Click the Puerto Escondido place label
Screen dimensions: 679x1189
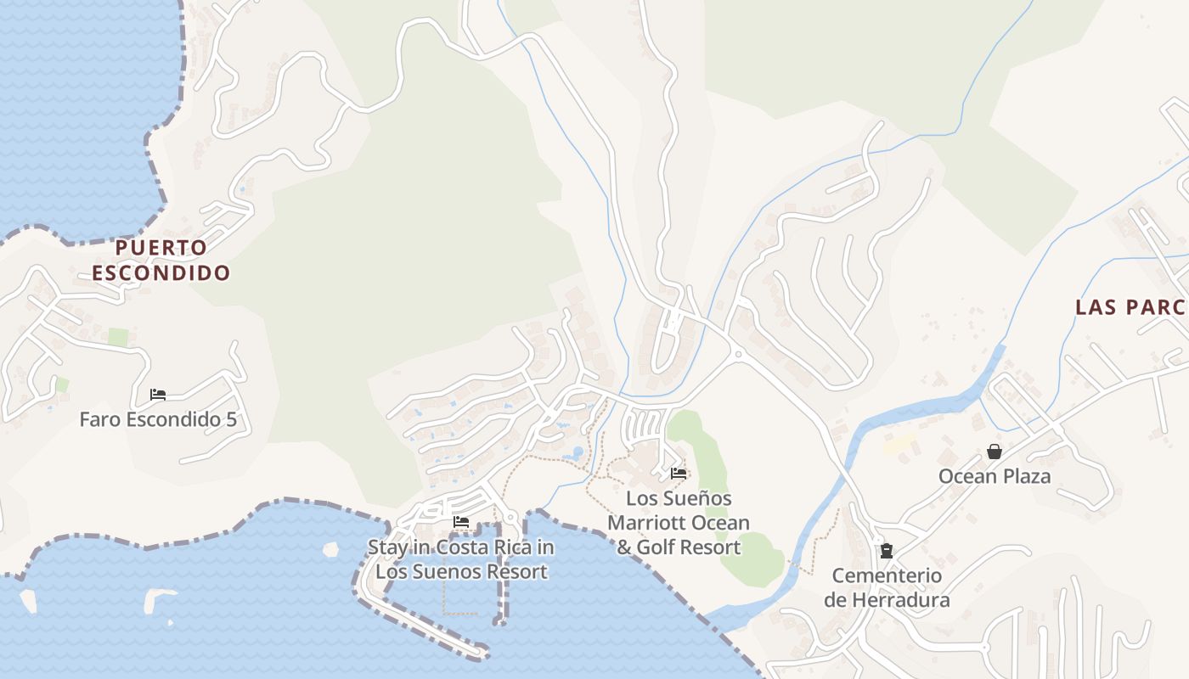(x=161, y=260)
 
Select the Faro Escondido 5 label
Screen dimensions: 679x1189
(x=157, y=419)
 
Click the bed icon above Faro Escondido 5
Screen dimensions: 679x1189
(x=157, y=395)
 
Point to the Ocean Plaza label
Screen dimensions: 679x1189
(x=994, y=476)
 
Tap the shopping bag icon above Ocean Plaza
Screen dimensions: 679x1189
(x=994, y=452)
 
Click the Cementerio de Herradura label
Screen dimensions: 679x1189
(x=887, y=587)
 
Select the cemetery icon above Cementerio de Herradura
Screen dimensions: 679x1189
(x=887, y=551)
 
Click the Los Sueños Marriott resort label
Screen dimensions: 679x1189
(x=679, y=523)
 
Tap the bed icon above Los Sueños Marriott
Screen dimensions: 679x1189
(x=679, y=474)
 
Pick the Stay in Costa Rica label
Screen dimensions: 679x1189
(x=461, y=559)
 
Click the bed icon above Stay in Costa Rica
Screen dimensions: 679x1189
(x=461, y=522)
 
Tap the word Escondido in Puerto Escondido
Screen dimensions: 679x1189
(x=161, y=273)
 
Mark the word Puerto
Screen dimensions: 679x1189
(x=161, y=248)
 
